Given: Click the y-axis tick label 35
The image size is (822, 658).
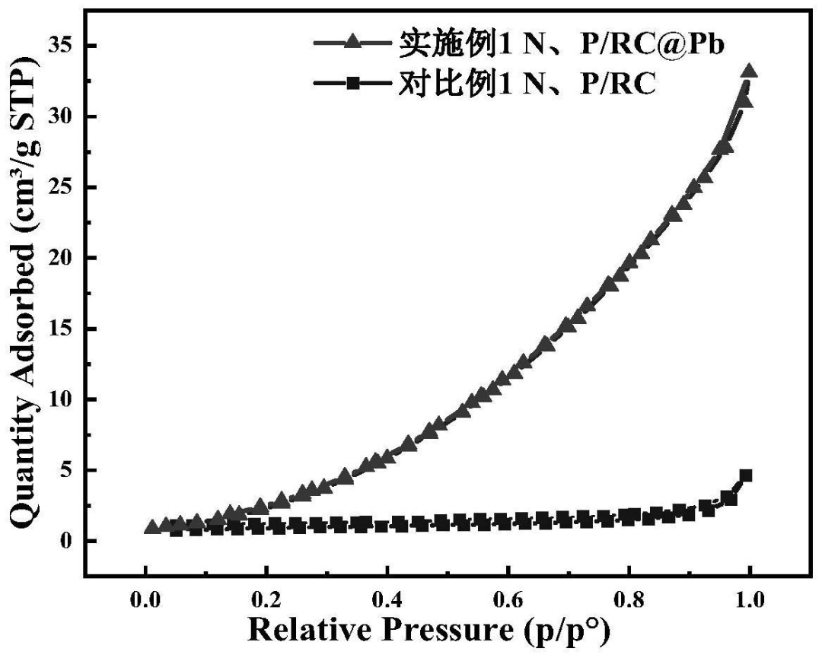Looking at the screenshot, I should [x=62, y=46].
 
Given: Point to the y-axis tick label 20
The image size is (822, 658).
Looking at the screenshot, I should [x=62, y=258].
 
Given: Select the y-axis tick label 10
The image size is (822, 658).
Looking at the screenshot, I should [x=62, y=399].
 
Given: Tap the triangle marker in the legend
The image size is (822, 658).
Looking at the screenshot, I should [x=352, y=44].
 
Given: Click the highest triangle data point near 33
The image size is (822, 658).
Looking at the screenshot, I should [x=749, y=72].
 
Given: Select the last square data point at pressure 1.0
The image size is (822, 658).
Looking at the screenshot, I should [x=746, y=475].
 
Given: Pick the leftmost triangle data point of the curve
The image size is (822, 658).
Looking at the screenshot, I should [x=151, y=526].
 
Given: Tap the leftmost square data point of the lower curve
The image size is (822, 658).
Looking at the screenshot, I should [x=176, y=529].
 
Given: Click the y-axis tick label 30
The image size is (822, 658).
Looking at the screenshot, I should [x=62, y=116].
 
